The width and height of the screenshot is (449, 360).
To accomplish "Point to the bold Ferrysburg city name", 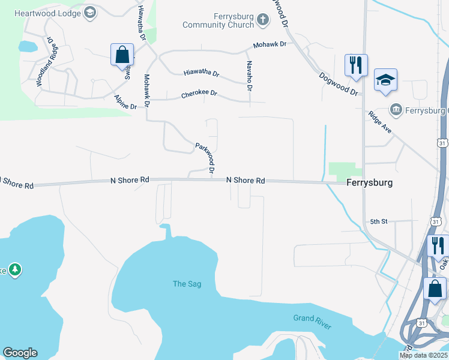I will [x=369, y=183].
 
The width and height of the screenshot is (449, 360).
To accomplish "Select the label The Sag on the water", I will [x=187, y=284].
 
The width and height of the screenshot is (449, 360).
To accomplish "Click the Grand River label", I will [x=312, y=322].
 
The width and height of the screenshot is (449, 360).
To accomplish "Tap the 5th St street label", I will [x=379, y=221].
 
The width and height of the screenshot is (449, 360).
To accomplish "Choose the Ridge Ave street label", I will [x=379, y=124].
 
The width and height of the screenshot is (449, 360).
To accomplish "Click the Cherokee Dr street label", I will [x=199, y=95].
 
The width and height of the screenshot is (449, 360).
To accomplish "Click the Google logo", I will [x=20, y=353].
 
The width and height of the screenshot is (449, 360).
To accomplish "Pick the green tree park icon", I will [x=14, y=270].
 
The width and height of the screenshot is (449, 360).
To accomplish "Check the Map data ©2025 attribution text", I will [x=423, y=355].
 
